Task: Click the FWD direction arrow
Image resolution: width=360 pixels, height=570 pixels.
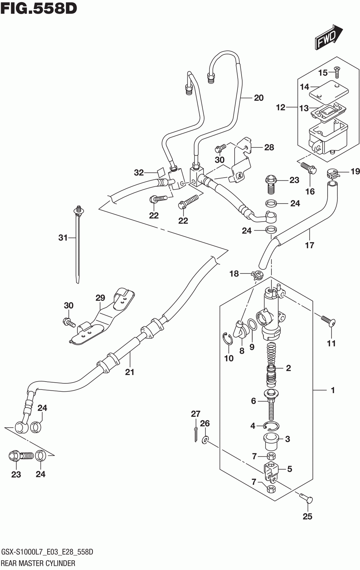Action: click(x=329, y=37)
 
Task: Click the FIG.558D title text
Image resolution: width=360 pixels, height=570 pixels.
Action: click(x=39, y=8)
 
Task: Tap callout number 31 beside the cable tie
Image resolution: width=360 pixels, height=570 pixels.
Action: click(x=63, y=238)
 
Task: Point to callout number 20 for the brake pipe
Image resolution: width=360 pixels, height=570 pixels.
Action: click(x=259, y=98)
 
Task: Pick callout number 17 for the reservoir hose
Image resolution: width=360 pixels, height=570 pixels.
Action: click(x=309, y=245)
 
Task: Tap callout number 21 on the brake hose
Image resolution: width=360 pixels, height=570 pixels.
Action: click(x=129, y=372)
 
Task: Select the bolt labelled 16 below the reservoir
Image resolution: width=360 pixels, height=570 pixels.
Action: click(x=309, y=168)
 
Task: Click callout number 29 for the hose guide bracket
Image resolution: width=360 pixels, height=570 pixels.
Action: click(x=100, y=298)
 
